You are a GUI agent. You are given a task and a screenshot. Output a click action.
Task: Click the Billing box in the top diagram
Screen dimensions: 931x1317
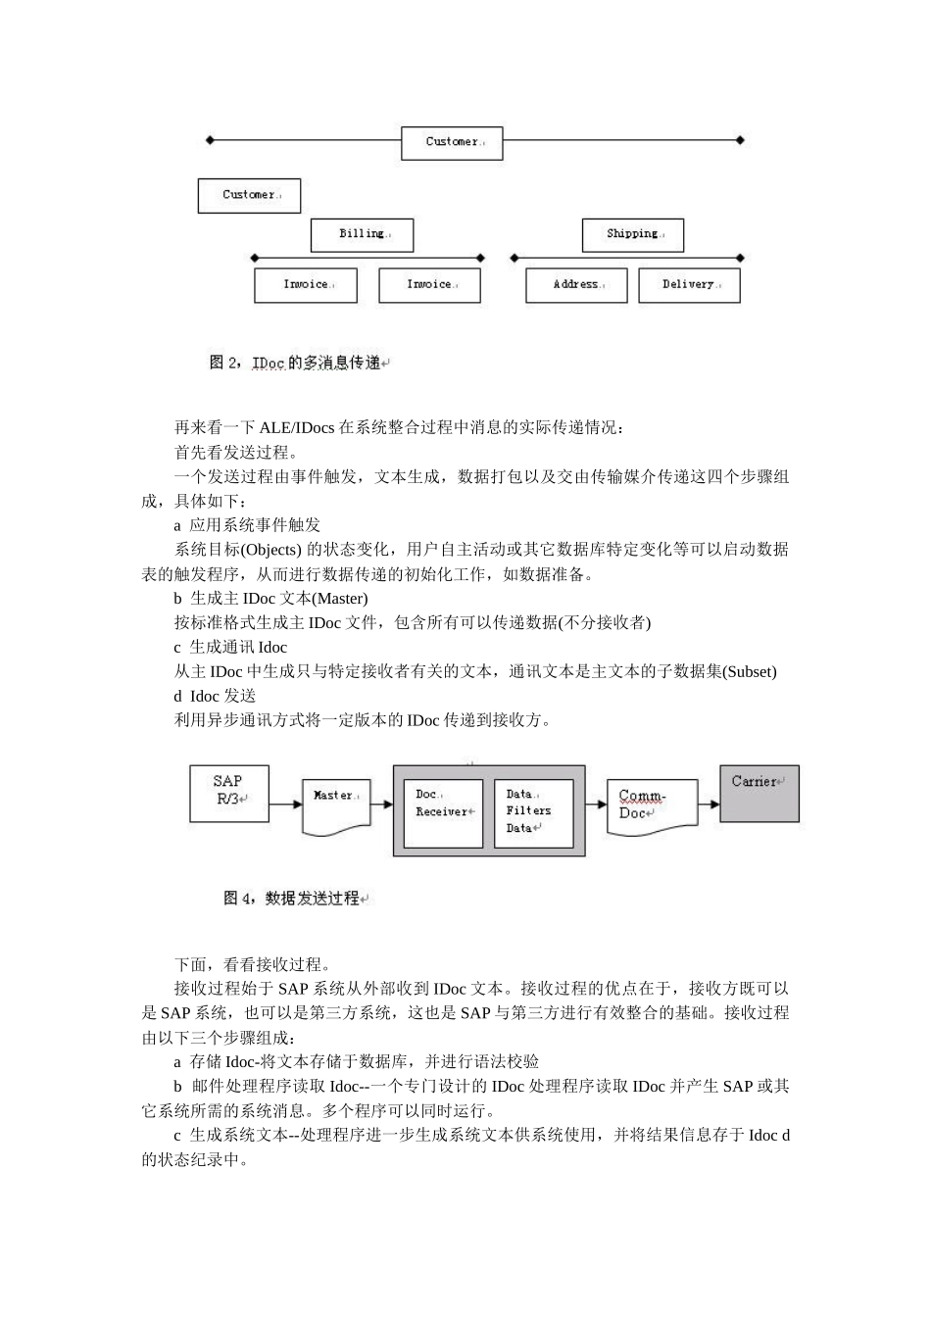pyautogui.click(x=362, y=235)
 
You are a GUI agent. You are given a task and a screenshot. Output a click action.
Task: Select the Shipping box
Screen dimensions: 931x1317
pyautogui.click(x=632, y=235)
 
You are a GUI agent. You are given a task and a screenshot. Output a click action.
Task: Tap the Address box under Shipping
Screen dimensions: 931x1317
pyautogui.click(x=576, y=285)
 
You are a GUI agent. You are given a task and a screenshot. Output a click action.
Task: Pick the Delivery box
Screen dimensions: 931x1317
pyautogui.click(x=689, y=285)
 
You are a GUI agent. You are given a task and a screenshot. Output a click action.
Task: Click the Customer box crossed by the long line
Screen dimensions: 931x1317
pyautogui.click(x=452, y=142)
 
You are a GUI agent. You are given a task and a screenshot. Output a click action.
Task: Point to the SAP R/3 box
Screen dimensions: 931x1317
pyautogui.click(x=228, y=792)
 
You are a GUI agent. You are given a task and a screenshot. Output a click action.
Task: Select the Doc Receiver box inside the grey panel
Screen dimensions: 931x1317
pyautogui.click(x=443, y=812)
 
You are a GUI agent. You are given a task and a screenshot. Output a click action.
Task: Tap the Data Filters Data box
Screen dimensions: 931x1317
pyautogui.click(x=532, y=812)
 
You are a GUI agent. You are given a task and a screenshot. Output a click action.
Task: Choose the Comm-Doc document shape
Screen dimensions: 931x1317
pyautogui.click(x=651, y=806)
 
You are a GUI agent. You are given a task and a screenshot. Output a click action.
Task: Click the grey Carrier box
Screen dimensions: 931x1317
pyautogui.click(x=759, y=793)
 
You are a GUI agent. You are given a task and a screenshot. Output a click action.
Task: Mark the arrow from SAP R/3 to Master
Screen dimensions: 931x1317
pyautogui.click(x=285, y=805)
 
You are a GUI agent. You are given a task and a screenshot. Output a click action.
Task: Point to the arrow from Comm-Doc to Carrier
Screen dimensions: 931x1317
pyautogui.click(x=710, y=805)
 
